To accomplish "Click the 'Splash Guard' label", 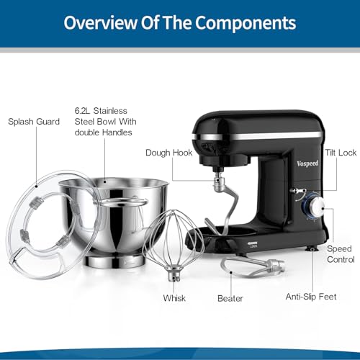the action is (x=34, y=122).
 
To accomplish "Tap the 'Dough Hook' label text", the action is (x=168, y=153).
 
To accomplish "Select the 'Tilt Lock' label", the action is (x=341, y=153).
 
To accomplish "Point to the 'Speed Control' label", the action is (x=341, y=254).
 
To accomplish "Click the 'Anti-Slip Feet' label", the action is (x=311, y=297).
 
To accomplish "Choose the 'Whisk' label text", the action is (x=174, y=298).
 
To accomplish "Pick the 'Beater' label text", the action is (x=230, y=298).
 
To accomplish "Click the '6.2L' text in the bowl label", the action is (x=82, y=111).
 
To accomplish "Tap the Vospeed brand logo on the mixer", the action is (x=307, y=163).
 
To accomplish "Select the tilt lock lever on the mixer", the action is (x=297, y=192).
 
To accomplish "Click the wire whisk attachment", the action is (x=174, y=243).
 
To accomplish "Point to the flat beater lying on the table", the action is (x=253, y=266).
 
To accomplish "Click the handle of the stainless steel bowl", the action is (x=124, y=201).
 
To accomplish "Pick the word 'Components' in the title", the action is (x=246, y=23).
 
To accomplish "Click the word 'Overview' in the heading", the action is (x=100, y=23).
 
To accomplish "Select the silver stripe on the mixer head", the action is (x=257, y=136).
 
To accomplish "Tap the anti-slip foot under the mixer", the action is (x=312, y=248).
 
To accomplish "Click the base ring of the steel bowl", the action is (x=114, y=261).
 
